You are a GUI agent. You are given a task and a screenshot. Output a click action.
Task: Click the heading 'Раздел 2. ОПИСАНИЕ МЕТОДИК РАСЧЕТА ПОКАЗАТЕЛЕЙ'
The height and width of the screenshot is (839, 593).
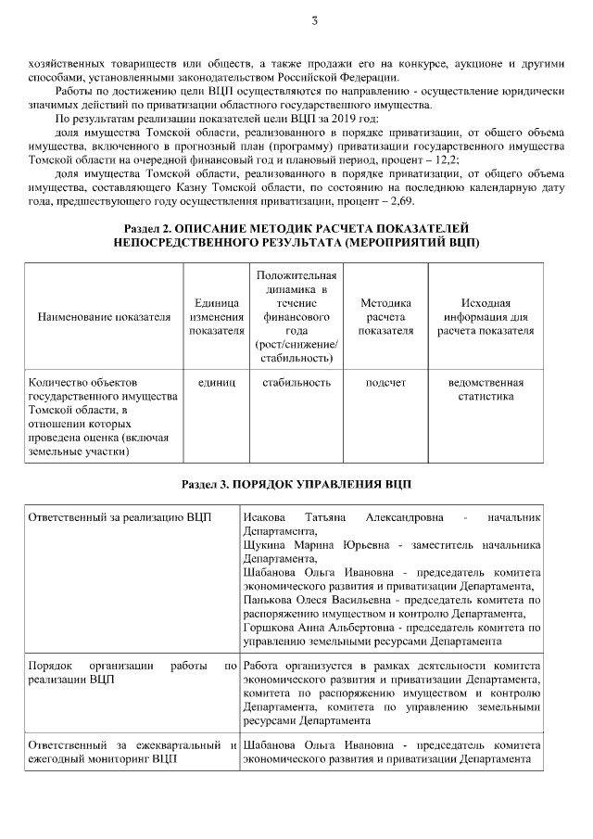[x=296, y=228]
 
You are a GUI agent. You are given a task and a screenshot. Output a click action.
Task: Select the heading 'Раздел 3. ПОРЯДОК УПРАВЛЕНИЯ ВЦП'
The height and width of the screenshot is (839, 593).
[x=296, y=484]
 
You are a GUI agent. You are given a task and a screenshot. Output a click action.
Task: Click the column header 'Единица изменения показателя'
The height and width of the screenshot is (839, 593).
[x=216, y=317]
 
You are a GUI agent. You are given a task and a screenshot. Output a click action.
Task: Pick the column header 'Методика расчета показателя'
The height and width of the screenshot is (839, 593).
[x=385, y=317]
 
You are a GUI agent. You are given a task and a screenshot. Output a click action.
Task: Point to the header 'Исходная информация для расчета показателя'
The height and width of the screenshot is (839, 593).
[x=486, y=317]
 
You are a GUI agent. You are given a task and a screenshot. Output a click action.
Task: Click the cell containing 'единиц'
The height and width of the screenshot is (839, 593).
[x=216, y=382]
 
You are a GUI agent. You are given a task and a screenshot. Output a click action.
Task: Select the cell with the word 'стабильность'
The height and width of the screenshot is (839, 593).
[x=296, y=382]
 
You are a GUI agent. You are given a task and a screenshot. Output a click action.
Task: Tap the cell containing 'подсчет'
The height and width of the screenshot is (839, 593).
[x=385, y=382]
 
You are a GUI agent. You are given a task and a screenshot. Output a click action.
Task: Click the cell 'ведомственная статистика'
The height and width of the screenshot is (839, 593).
[x=486, y=388]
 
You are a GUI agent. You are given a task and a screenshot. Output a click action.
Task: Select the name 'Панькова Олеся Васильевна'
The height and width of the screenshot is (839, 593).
[x=313, y=600]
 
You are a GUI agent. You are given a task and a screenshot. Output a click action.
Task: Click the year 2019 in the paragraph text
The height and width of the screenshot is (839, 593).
[x=355, y=121]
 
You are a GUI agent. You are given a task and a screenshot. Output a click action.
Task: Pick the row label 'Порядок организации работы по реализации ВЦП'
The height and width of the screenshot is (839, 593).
[x=132, y=673]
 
